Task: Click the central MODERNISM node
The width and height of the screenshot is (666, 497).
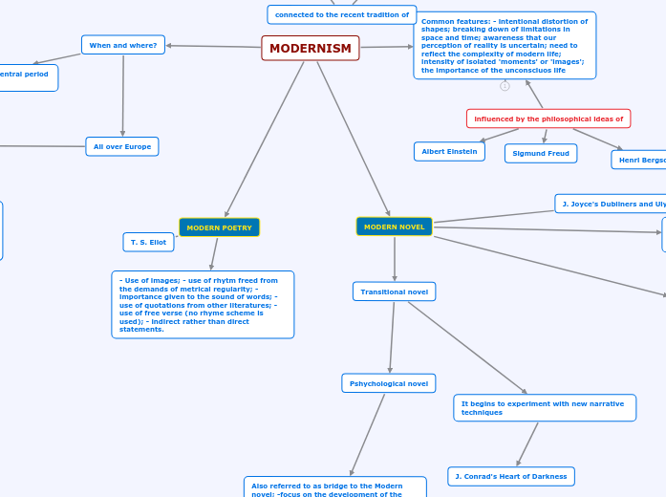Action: (311, 49)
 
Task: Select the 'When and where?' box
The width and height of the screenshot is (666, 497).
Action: (123, 45)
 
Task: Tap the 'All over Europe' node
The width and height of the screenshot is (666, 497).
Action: (122, 146)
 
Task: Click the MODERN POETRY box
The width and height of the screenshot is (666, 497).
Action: (219, 227)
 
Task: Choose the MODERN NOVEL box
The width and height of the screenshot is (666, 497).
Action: (394, 227)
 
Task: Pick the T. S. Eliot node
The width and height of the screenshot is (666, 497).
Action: (148, 242)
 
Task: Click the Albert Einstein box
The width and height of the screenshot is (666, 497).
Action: (449, 151)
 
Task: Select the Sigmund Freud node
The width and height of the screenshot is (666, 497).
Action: (541, 153)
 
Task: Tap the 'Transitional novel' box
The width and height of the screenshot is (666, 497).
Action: (394, 292)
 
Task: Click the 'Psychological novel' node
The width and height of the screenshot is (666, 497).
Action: (388, 383)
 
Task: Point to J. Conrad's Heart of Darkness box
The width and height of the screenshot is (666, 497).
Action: (510, 476)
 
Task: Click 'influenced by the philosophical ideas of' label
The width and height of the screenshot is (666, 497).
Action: (548, 119)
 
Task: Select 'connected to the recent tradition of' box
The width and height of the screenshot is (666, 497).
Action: (341, 14)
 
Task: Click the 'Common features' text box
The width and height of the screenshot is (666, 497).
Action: (505, 45)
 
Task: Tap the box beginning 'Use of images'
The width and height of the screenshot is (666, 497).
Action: (203, 304)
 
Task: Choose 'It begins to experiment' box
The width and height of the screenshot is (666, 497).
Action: (544, 408)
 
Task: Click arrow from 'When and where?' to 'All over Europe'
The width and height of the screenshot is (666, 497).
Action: (123, 96)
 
